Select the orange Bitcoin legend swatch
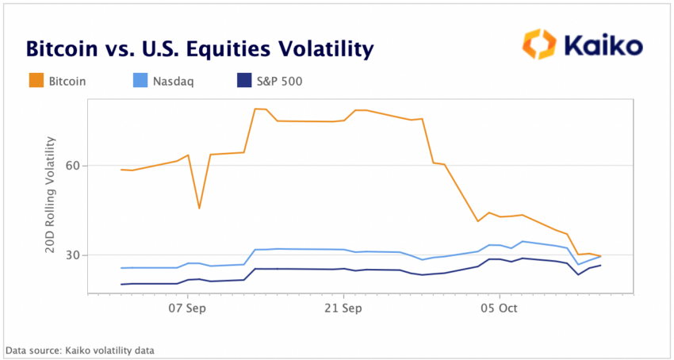pyautogui.click(x=35, y=80)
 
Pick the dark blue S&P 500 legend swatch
pyautogui.click(x=247, y=80)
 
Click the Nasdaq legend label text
pyautogui.click(x=174, y=81)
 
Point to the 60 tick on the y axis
pyautogui.click(x=73, y=166)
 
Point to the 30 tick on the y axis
pyautogui.click(x=73, y=255)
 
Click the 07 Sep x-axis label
pyautogui.click(x=187, y=308)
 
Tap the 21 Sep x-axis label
pyautogui.click(x=343, y=308)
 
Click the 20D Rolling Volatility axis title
pyautogui.click(x=51, y=195)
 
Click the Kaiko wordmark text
pyautogui.click(x=603, y=46)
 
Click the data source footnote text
pyautogui.click(x=80, y=350)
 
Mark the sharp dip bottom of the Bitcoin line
pyautogui.click(x=199, y=208)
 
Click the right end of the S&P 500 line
pyautogui.click(x=600, y=265)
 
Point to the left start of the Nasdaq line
pyautogui.click(x=121, y=268)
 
